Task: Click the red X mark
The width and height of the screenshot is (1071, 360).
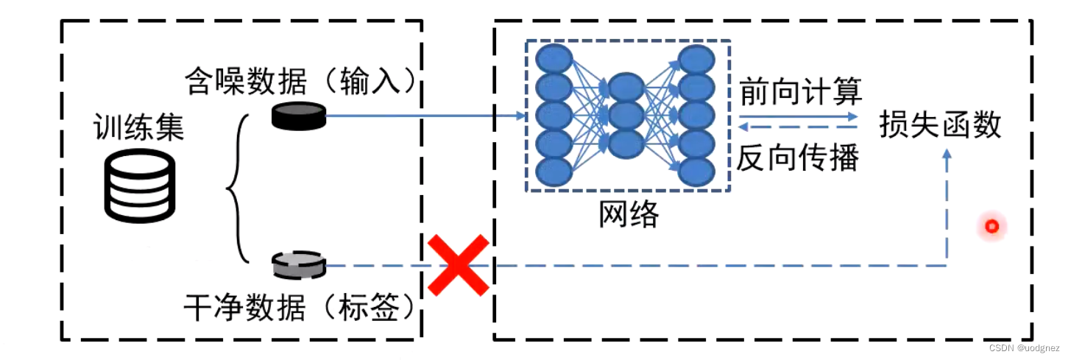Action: (x=459, y=265)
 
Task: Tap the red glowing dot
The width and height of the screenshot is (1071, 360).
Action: (x=992, y=227)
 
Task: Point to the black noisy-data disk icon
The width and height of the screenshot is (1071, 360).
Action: (x=298, y=116)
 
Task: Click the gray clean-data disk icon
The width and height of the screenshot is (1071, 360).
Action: (x=298, y=265)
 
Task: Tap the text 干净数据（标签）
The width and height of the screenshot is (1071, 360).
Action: (x=302, y=308)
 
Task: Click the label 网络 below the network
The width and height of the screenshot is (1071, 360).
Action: (x=628, y=214)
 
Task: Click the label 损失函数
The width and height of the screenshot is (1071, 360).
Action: (x=941, y=125)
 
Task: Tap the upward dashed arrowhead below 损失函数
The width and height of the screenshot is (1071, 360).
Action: (x=947, y=155)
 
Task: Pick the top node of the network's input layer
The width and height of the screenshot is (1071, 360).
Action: (x=554, y=58)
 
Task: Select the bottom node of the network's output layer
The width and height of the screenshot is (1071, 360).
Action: (x=696, y=171)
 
